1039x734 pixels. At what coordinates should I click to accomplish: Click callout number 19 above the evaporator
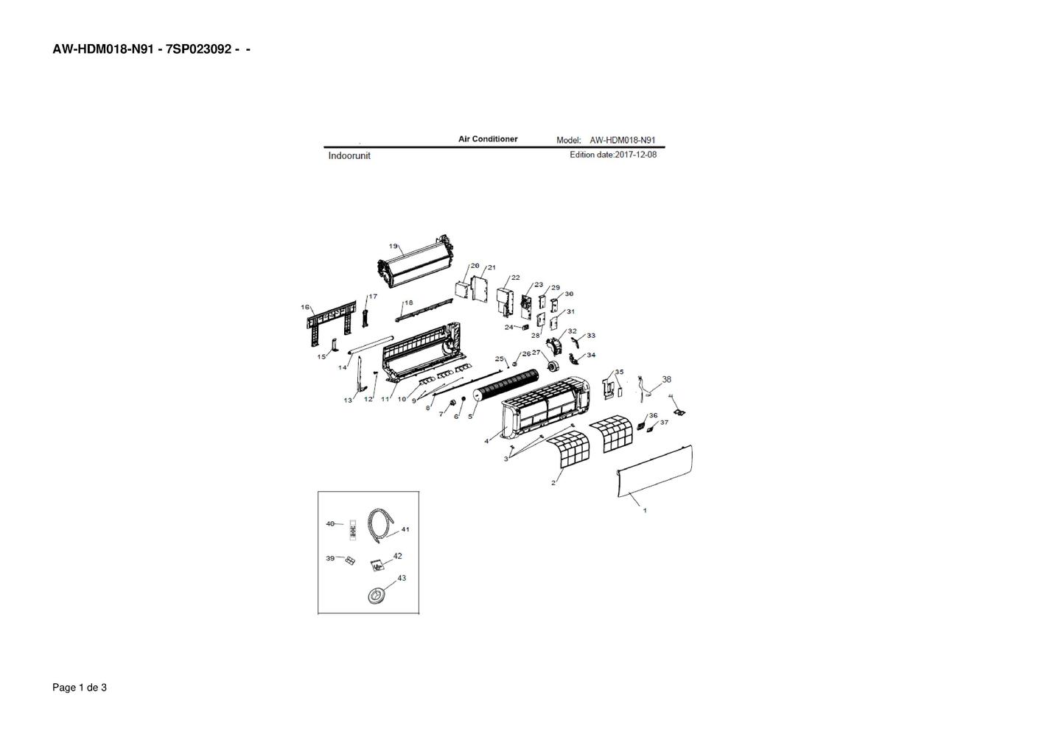click(x=393, y=246)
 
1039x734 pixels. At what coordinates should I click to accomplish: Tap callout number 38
click(x=667, y=379)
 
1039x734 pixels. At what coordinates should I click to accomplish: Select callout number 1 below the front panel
click(x=645, y=510)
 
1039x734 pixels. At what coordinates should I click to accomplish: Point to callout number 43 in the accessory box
click(x=402, y=578)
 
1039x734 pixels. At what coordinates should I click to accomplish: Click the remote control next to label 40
click(x=352, y=530)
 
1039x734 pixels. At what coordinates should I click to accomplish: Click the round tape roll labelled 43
click(x=376, y=596)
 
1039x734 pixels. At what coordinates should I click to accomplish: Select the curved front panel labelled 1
click(x=655, y=471)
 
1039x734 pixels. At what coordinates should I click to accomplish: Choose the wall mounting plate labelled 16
click(x=331, y=321)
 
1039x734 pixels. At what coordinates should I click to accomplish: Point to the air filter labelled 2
click(x=570, y=448)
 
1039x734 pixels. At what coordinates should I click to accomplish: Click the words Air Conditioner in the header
click(x=488, y=139)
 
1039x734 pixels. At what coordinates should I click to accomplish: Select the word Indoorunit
click(x=349, y=155)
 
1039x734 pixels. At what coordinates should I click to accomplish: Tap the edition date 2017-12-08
click(x=635, y=155)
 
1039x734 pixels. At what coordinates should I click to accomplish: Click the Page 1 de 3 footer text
click(x=80, y=688)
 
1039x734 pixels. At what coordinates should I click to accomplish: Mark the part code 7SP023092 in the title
click(x=198, y=49)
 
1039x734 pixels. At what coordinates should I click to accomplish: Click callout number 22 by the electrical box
click(x=515, y=278)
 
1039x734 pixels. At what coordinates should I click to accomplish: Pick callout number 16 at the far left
click(x=305, y=307)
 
